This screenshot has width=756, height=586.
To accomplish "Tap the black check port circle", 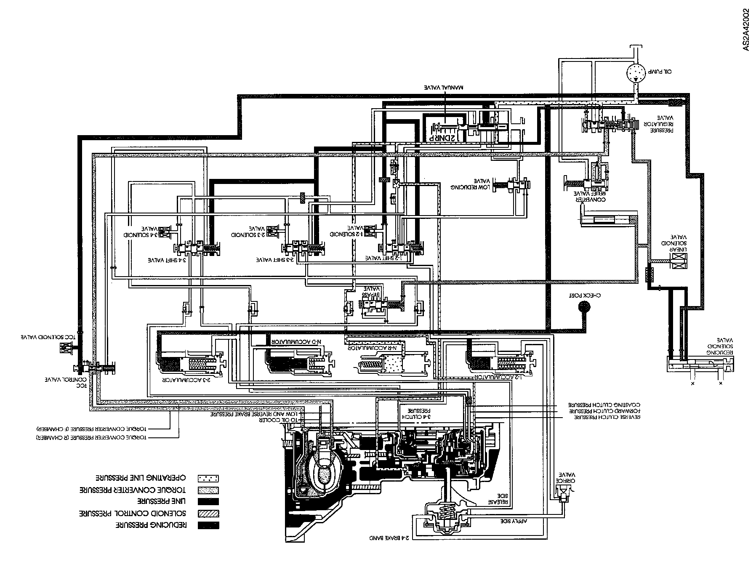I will click(584, 306).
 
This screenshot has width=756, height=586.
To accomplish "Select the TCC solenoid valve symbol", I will click(66, 348).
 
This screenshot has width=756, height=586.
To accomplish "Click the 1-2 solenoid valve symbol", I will click(371, 230).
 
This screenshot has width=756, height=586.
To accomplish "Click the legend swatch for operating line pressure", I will click(208, 478).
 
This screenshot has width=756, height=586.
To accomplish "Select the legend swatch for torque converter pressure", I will click(208, 490).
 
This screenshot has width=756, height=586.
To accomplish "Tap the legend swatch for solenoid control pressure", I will click(208, 514).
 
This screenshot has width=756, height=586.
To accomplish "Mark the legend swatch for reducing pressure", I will click(208, 525).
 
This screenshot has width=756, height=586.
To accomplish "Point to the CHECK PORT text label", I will click(584, 295).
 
